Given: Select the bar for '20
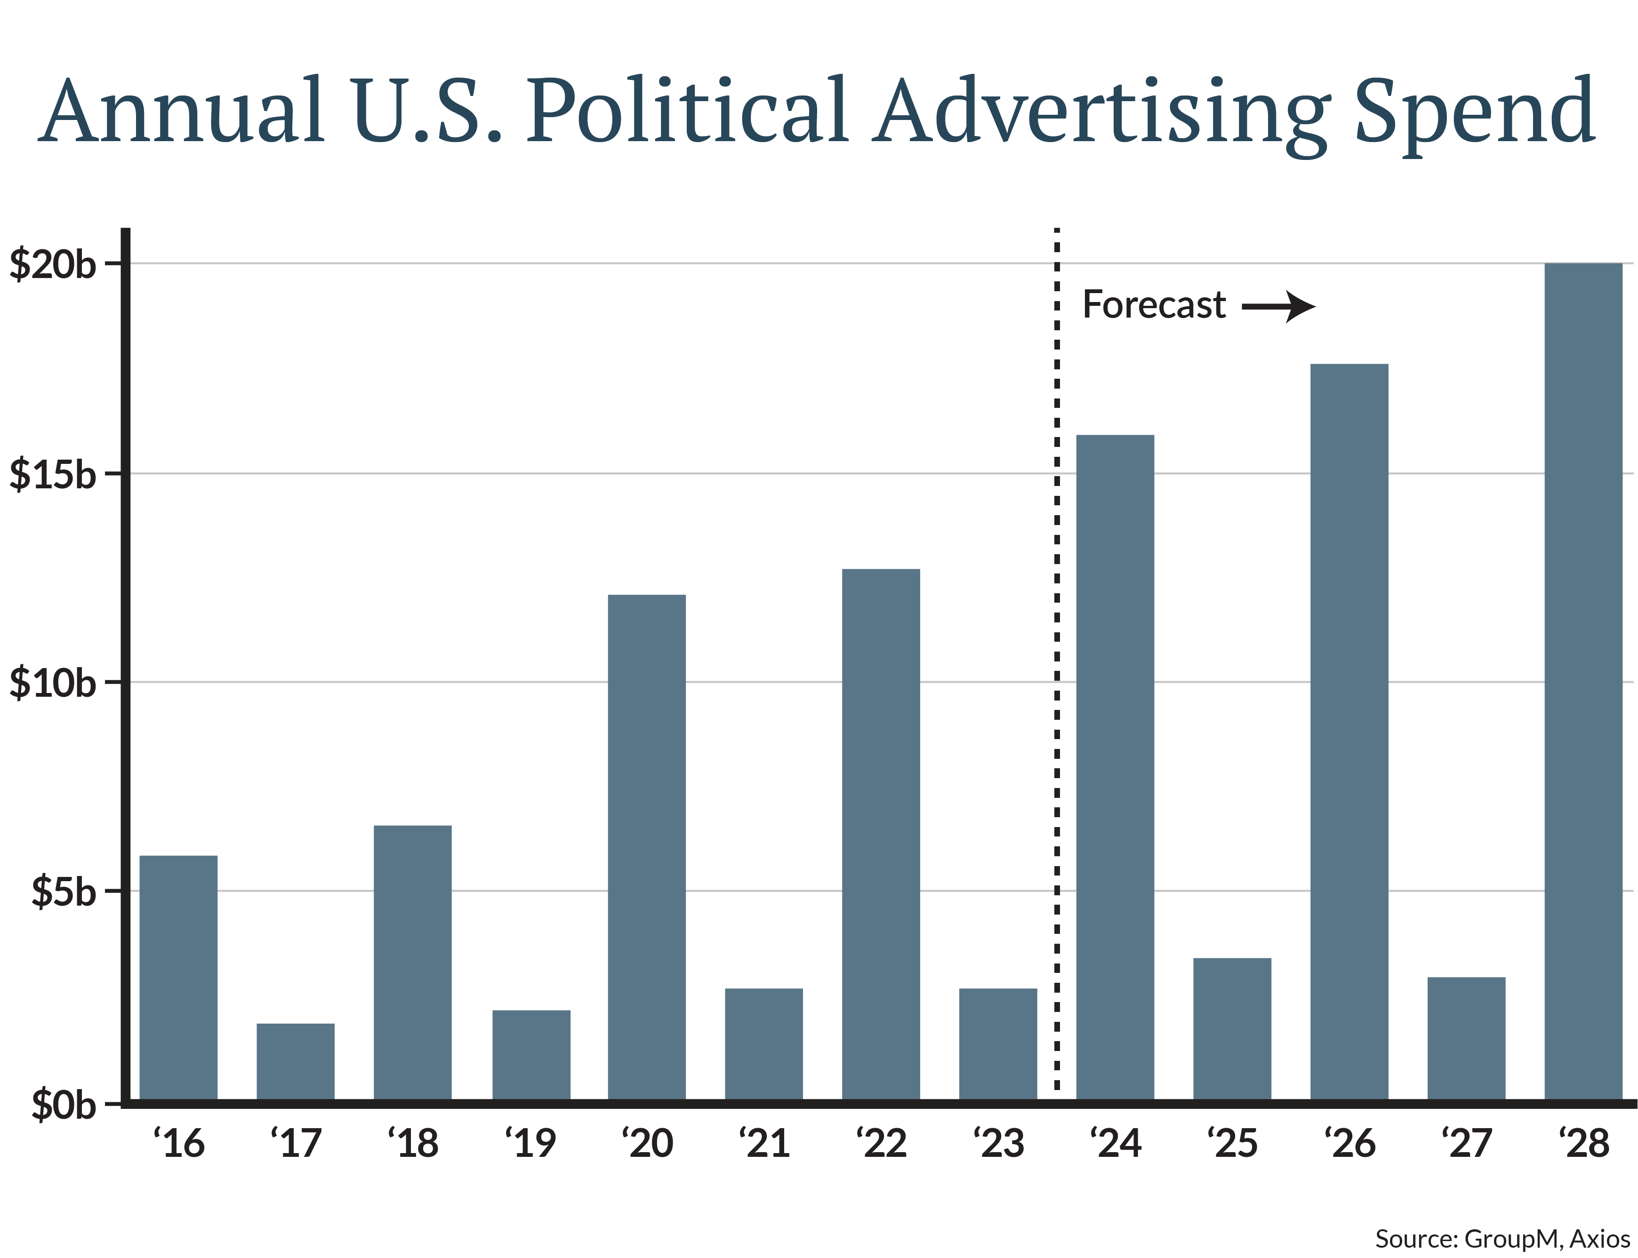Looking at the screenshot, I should coord(646,847).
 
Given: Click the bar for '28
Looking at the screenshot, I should coord(1583,681).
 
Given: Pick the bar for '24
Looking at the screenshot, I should coord(1115,767).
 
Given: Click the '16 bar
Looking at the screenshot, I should coord(178,977).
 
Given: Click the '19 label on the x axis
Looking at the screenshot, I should coord(530,1143).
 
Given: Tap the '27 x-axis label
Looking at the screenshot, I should coord(1467,1143).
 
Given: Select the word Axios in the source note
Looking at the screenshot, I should coord(1600,1239).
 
